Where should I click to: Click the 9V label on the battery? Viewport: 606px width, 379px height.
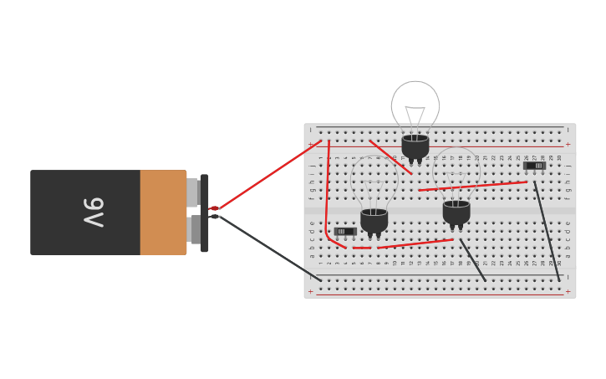tap(93, 213)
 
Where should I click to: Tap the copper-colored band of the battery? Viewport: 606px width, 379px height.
tap(162, 213)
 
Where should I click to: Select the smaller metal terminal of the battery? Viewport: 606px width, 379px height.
tap(191, 192)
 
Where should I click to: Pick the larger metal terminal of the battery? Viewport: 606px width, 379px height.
tap(194, 229)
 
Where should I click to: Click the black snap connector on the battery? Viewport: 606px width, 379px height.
tap(205, 213)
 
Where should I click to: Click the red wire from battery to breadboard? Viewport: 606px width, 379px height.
tap(267, 175)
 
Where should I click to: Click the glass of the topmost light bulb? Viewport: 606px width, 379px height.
tap(415, 105)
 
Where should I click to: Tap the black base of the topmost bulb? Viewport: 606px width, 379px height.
tap(415, 146)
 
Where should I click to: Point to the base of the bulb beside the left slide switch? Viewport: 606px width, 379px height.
tap(374, 220)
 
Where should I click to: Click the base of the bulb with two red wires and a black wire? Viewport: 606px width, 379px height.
tap(456, 212)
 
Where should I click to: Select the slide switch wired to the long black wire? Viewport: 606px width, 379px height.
tap(534, 166)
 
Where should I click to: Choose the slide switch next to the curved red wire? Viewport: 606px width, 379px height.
tap(344, 232)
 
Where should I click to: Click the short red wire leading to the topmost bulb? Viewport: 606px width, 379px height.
tap(390, 156)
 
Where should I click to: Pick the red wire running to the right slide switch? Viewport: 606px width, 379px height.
tap(473, 186)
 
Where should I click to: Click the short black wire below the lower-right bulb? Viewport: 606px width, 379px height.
tap(472, 259)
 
